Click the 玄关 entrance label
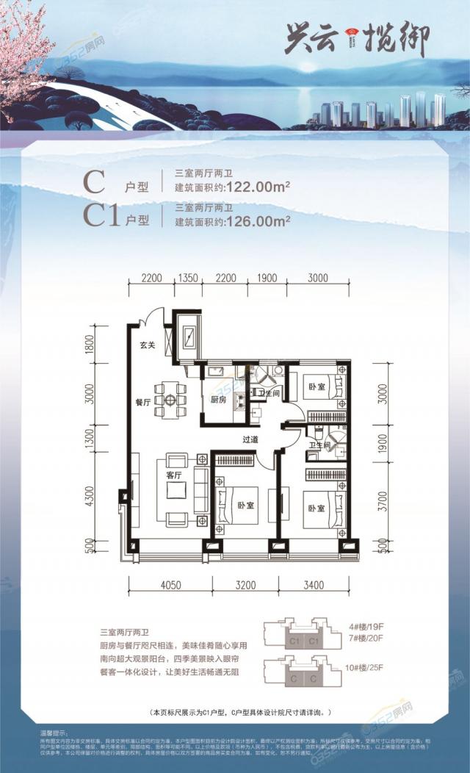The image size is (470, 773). coord(147,345)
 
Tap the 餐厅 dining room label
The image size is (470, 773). coord(142,402)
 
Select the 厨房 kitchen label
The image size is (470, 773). coord(218,400)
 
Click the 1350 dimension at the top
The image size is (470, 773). coord(189,278)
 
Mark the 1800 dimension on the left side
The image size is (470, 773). coord(90,344)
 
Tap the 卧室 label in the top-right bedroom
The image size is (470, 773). coord(317,386)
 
